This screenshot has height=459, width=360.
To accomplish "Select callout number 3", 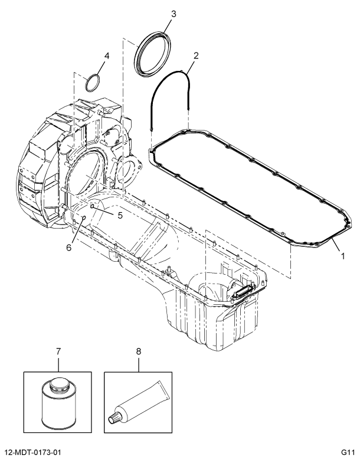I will coord(173,13).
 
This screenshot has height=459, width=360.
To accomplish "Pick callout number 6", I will coord(68,248).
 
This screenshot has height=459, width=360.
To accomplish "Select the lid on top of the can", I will coord(58,384).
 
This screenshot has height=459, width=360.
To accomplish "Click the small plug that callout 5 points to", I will coord(93,206).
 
